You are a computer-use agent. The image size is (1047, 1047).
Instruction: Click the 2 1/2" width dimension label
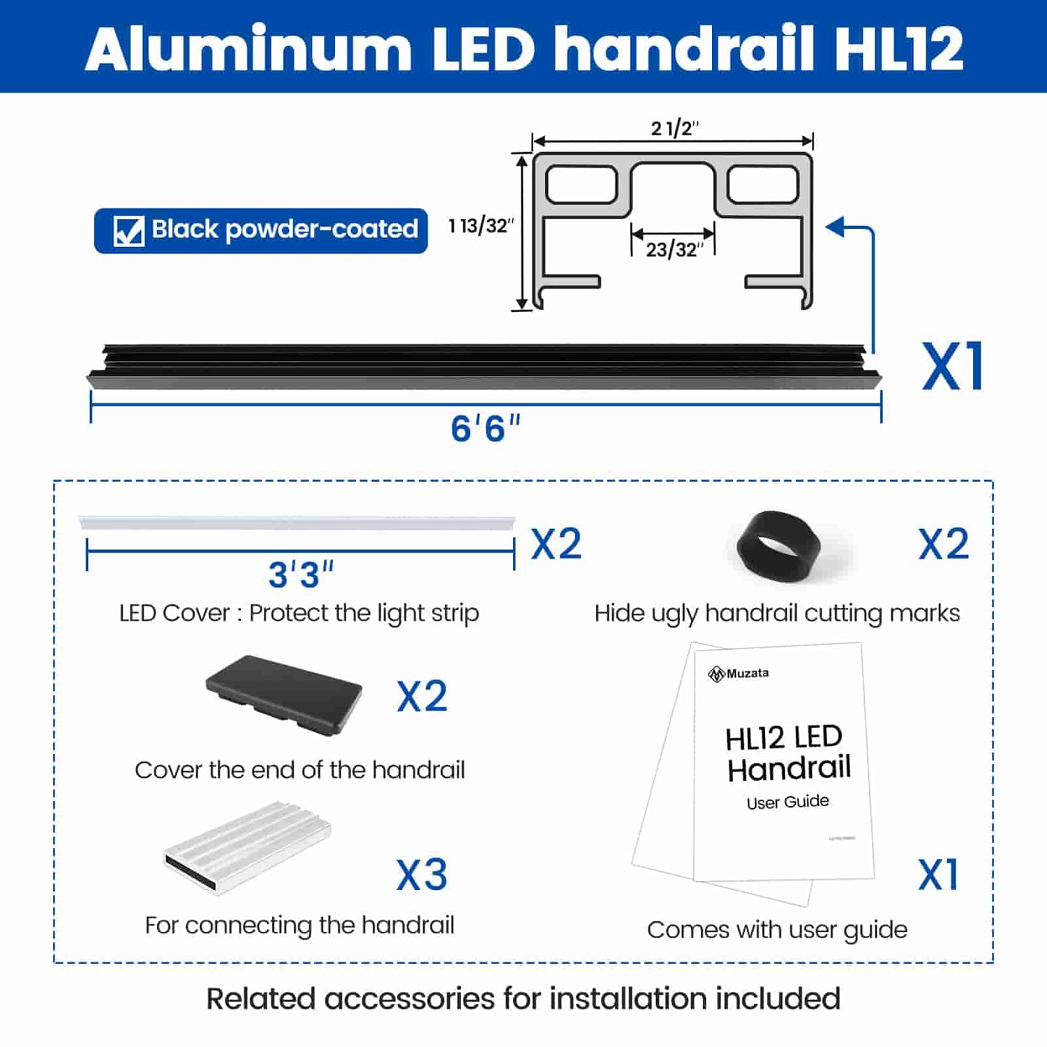point(674,128)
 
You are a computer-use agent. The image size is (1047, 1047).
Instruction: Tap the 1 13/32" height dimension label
point(481,226)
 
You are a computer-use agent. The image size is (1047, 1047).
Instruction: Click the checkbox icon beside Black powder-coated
point(129,230)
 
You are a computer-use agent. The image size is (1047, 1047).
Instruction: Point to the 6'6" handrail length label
point(486,429)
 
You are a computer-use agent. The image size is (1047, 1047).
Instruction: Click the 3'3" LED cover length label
point(301,575)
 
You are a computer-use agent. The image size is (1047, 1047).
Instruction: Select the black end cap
point(284,694)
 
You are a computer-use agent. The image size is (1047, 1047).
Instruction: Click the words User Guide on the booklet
point(787,802)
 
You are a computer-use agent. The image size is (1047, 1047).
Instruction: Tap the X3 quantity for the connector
point(422,875)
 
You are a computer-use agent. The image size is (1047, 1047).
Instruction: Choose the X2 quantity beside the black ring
point(944,544)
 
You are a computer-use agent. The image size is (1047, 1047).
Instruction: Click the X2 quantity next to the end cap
point(422,697)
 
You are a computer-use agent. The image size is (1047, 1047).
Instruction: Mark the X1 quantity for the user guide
point(939,875)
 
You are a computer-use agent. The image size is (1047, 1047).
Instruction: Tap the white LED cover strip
point(297,523)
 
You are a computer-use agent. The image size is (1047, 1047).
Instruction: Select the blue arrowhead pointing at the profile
point(836,227)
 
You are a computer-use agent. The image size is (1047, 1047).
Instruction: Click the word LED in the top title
point(483,49)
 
